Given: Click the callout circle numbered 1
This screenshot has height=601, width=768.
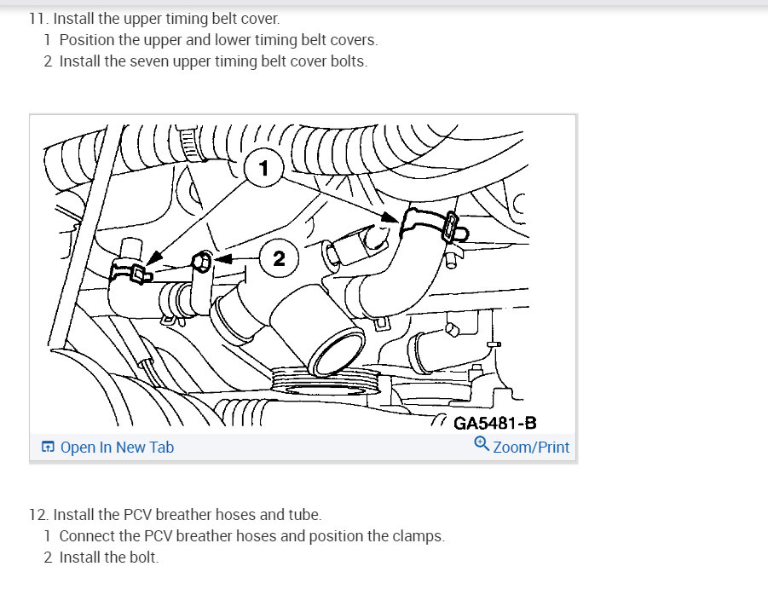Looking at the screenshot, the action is pos(263,168).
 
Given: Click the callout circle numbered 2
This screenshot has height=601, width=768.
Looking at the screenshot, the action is pos(279,258).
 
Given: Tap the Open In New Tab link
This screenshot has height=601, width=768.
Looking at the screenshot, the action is pos(117,448).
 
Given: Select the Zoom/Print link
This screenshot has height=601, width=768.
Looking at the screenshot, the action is pos(531,448).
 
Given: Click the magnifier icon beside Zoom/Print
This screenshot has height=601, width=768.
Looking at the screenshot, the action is pos(482,444).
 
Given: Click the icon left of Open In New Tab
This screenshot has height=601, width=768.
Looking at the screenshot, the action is pos(48,447).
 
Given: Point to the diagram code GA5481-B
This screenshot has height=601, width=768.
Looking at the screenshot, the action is pos(494,423).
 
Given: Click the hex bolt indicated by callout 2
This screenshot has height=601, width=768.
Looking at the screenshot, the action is pos(201,261).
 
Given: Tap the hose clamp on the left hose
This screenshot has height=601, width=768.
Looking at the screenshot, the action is pos(131,271).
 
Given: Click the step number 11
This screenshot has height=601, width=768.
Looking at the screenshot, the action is pos(38,19).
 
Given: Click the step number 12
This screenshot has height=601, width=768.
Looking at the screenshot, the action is pos(38,515).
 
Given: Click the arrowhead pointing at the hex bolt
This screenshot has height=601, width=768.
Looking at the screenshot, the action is pos(222,258).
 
